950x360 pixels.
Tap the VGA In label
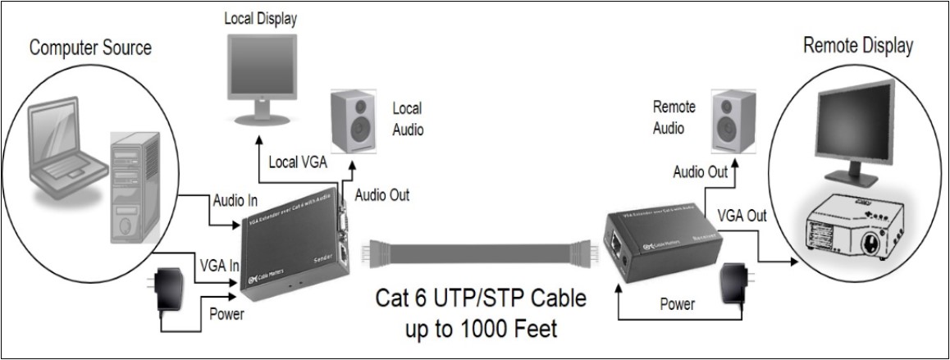pos(220,266)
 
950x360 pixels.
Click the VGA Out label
pos(742,216)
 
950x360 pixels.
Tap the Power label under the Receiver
pos(677,304)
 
